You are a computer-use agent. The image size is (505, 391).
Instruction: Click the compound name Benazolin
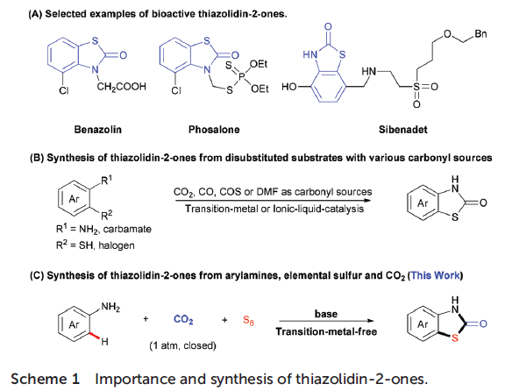click(x=98, y=130)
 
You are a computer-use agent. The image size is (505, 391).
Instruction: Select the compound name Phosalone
click(x=214, y=130)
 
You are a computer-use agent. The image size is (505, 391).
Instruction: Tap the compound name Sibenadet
click(x=403, y=130)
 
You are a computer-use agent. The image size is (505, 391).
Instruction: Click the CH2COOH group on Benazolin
click(x=121, y=87)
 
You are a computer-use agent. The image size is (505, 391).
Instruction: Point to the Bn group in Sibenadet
click(x=480, y=34)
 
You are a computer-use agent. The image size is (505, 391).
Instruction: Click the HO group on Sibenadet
click(x=289, y=87)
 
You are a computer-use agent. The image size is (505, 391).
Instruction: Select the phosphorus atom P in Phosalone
click(x=242, y=76)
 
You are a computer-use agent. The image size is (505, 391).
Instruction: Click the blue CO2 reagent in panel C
click(x=183, y=319)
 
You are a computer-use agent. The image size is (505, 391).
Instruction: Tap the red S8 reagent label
click(x=248, y=320)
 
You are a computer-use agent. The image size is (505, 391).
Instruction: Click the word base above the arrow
click(x=326, y=314)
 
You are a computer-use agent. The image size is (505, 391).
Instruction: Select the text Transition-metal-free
click(x=326, y=331)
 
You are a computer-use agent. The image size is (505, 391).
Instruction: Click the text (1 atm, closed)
click(x=182, y=345)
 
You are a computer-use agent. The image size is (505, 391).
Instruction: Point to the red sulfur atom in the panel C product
click(x=454, y=338)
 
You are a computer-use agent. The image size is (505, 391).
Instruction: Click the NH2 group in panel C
click(x=110, y=306)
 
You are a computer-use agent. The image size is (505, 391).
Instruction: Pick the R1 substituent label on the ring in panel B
click(x=107, y=180)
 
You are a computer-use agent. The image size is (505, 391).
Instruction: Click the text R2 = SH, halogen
click(x=96, y=245)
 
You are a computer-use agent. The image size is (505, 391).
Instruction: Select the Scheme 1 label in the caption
click(x=45, y=379)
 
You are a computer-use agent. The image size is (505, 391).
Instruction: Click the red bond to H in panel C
click(x=94, y=337)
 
